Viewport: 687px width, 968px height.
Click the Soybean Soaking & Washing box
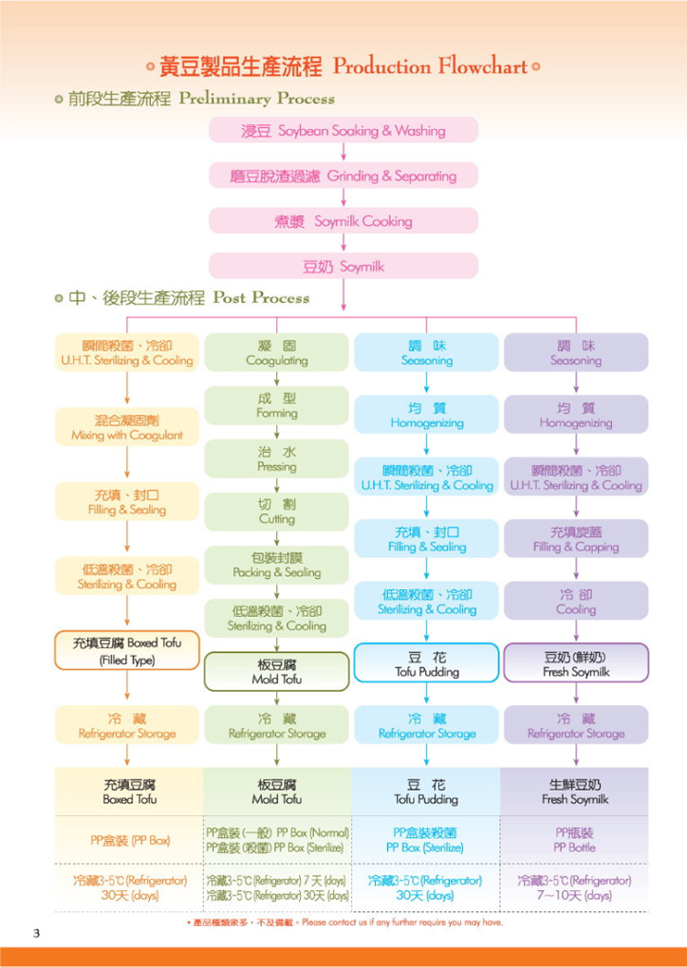coord(343,130)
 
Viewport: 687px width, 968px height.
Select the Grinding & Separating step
coord(343,176)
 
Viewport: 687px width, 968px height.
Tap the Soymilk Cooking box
coord(343,221)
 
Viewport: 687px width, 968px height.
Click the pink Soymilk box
coord(343,267)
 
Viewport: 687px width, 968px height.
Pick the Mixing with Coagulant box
coord(127,427)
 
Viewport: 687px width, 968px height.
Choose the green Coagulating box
coord(276,352)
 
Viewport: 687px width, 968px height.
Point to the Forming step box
coord(276,405)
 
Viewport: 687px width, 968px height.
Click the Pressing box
coord(276,458)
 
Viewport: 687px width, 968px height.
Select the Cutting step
coord(276,512)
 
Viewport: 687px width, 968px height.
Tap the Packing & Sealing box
coord(276,565)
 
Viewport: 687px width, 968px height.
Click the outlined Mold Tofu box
coord(276,671)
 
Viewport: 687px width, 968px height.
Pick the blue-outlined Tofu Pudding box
coord(426,663)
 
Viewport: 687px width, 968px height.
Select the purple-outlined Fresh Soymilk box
coord(576,663)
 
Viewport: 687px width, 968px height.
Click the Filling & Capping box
coord(576,539)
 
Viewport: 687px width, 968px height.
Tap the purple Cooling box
coord(576,602)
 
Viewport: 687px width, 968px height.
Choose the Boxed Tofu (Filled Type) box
coord(127,651)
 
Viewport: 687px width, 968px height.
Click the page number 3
coord(37,933)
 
